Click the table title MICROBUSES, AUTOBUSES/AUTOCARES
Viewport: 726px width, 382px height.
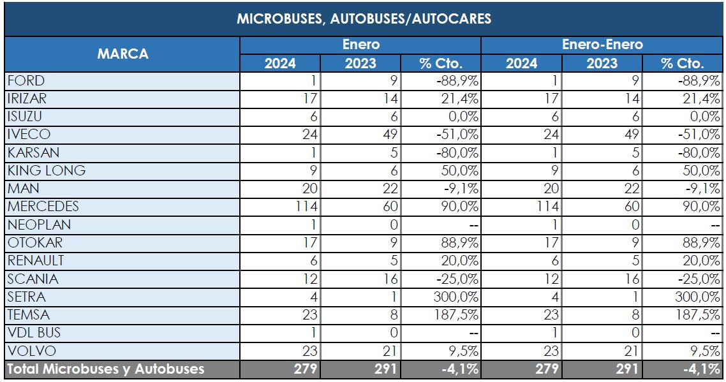tap(364, 18)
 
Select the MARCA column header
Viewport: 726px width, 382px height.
tap(122, 54)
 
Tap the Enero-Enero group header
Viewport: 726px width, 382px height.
tap(602, 45)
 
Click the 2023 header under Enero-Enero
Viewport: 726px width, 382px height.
tap(602, 64)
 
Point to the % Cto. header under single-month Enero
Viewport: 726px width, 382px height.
tap(441, 64)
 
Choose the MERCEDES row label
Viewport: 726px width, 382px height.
tap(43, 207)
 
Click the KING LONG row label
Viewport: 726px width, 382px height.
tap(47, 171)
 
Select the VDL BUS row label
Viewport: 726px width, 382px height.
tap(35, 333)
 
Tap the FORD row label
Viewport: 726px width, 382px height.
tap(26, 81)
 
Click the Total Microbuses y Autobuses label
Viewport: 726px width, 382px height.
tap(105, 369)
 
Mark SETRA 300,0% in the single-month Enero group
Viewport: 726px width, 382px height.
tap(456, 297)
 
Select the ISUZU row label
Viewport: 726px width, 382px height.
tap(26, 117)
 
